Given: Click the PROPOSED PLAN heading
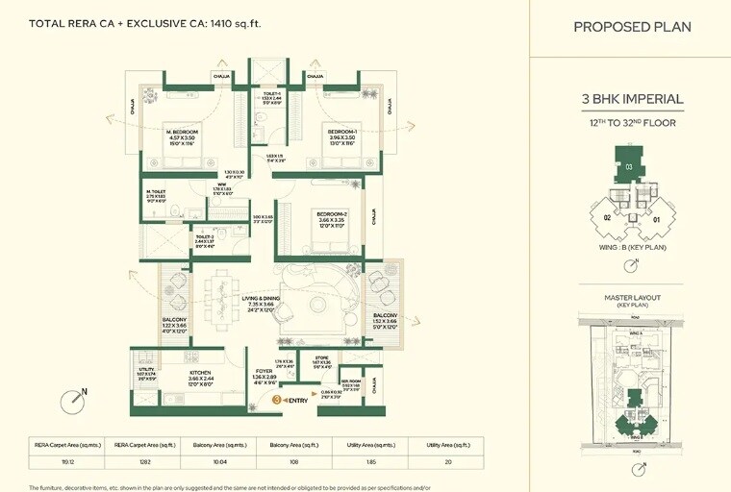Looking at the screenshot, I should [632, 27].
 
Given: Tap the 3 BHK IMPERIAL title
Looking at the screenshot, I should [632, 99].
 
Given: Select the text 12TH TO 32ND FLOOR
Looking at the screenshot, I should [632, 122].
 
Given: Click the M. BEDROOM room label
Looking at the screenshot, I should [181, 131].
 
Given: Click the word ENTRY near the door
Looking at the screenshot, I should [297, 400].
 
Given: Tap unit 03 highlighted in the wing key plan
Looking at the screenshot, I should [629, 167].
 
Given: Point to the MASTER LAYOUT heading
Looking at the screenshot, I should [632, 298].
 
